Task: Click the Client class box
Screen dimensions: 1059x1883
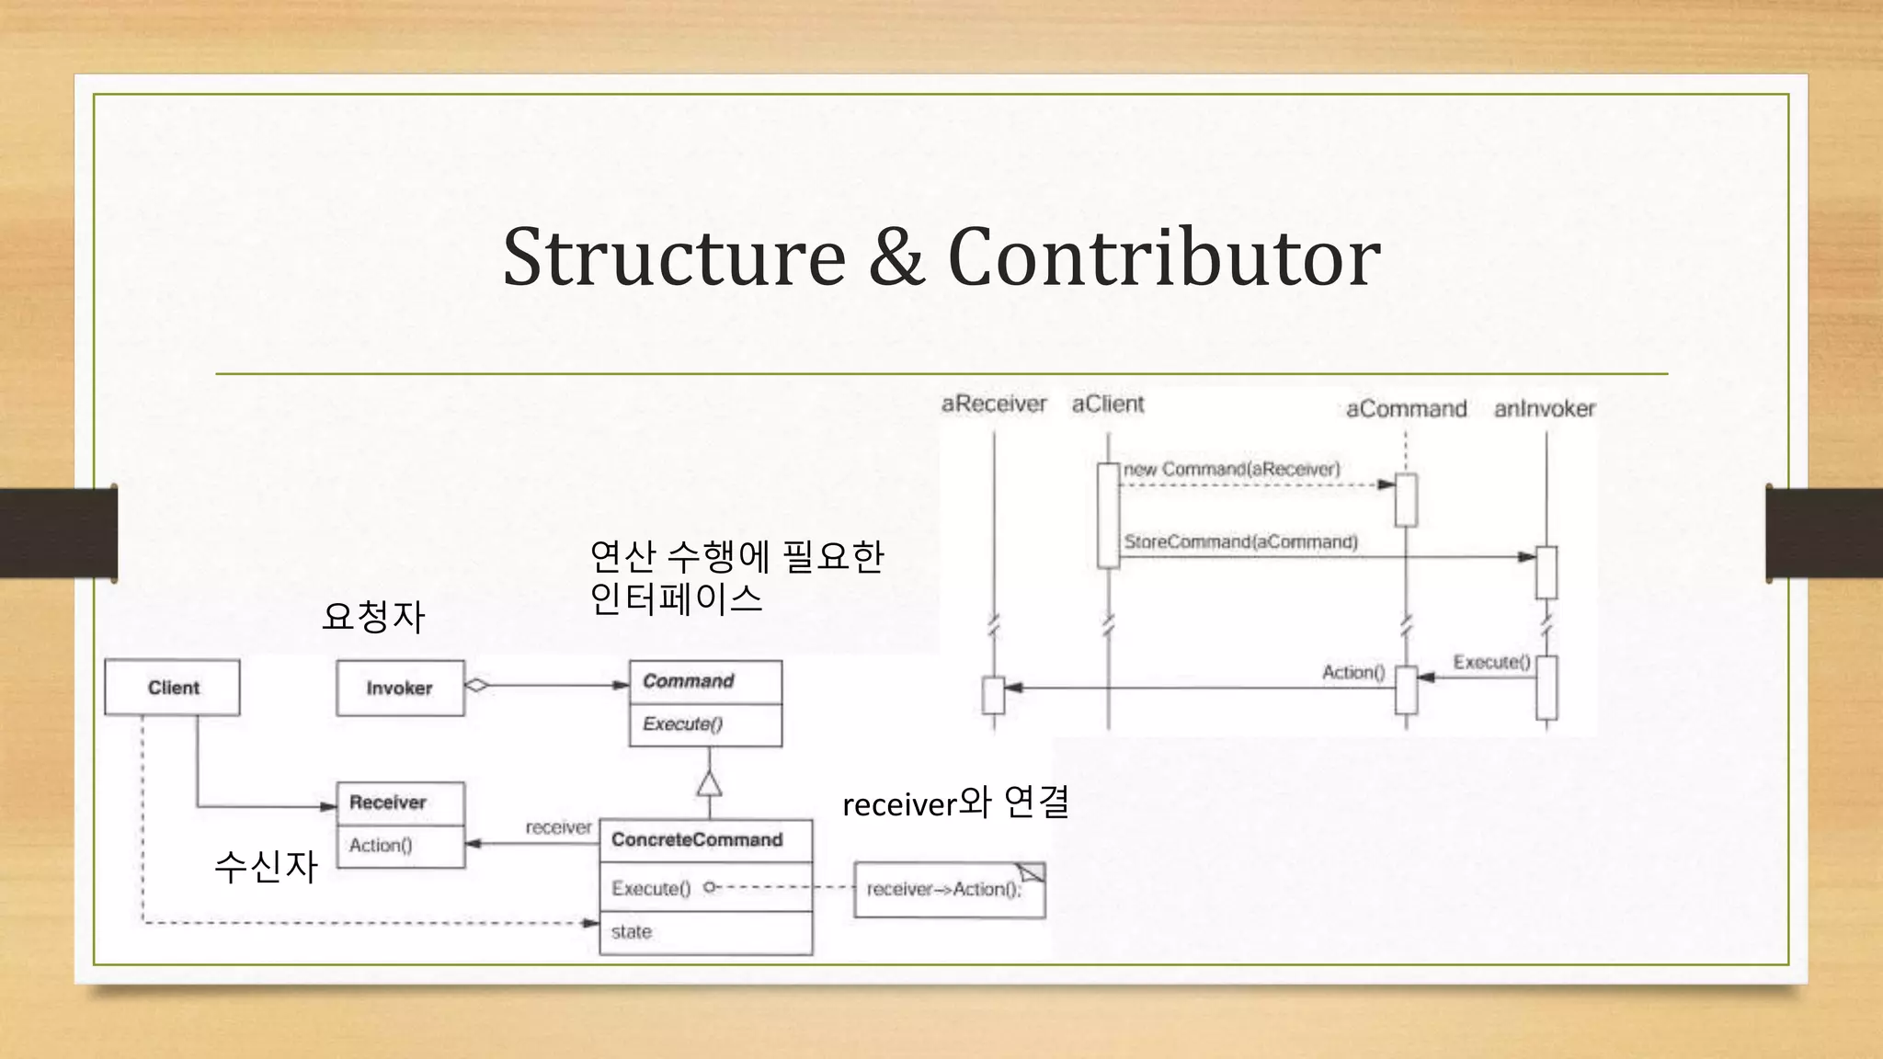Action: (x=172, y=688)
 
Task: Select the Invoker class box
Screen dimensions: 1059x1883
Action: (x=400, y=689)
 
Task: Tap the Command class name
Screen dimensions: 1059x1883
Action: (x=689, y=681)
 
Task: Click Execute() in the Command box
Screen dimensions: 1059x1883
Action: (x=683, y=724)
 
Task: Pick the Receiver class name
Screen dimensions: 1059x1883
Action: (x=388, y=803)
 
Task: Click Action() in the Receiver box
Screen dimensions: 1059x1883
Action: (x=381, y=846)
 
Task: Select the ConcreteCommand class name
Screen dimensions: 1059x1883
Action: (x=697, y=840)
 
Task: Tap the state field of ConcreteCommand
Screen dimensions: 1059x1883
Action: (x=632, y=932)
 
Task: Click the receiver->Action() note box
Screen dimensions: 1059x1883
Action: (x=948, y=890)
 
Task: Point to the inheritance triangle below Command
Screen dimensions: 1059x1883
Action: (x=709, y=783)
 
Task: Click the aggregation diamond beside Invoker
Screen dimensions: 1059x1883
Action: (x=476, y=685)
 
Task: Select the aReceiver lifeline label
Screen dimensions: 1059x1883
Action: (x=994, y=404)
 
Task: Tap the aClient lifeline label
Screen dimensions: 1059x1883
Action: (x=1108, y=404)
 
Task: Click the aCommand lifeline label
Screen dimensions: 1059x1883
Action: (x=1406, y=409)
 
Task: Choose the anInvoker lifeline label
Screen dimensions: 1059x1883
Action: (x=1545, y=409)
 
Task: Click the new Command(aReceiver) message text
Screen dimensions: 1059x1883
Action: (x=1232, y=470)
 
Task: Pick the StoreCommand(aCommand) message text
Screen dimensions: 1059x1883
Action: (x=1240, y=542)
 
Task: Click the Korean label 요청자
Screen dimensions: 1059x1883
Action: (x=373, y=616)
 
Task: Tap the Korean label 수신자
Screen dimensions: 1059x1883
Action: (x=266, y=866)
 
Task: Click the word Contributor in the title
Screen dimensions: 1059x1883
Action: (x=1163, y=257)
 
